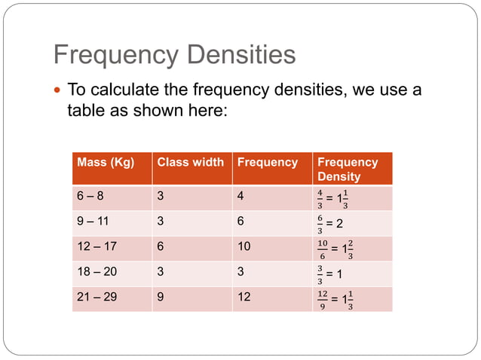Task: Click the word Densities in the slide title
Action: coord(240,55)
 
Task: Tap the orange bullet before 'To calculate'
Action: coord(59,91)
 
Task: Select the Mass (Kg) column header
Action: coord(106,162)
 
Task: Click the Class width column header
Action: coord(190,162)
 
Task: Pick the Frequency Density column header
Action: coord(348,169)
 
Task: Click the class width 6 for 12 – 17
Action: coord(161,247)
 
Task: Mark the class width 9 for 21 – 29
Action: coord(161,297)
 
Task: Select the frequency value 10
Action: coord(244,247)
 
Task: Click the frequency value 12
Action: coord(244,297)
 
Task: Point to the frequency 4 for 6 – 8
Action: coord(240,197)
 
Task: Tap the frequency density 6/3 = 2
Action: coord(332,224)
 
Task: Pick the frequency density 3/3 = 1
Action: coord(332,273)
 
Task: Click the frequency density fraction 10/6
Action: coord(323,249)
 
